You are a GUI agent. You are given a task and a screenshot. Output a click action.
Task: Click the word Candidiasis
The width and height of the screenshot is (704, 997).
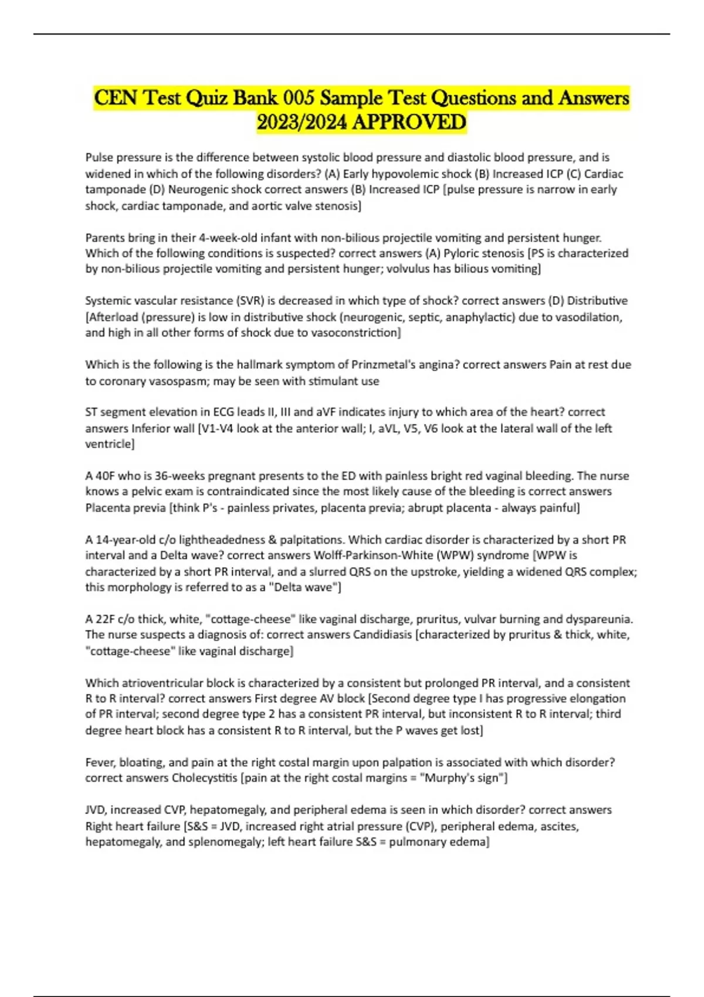click(x=382, y=635)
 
